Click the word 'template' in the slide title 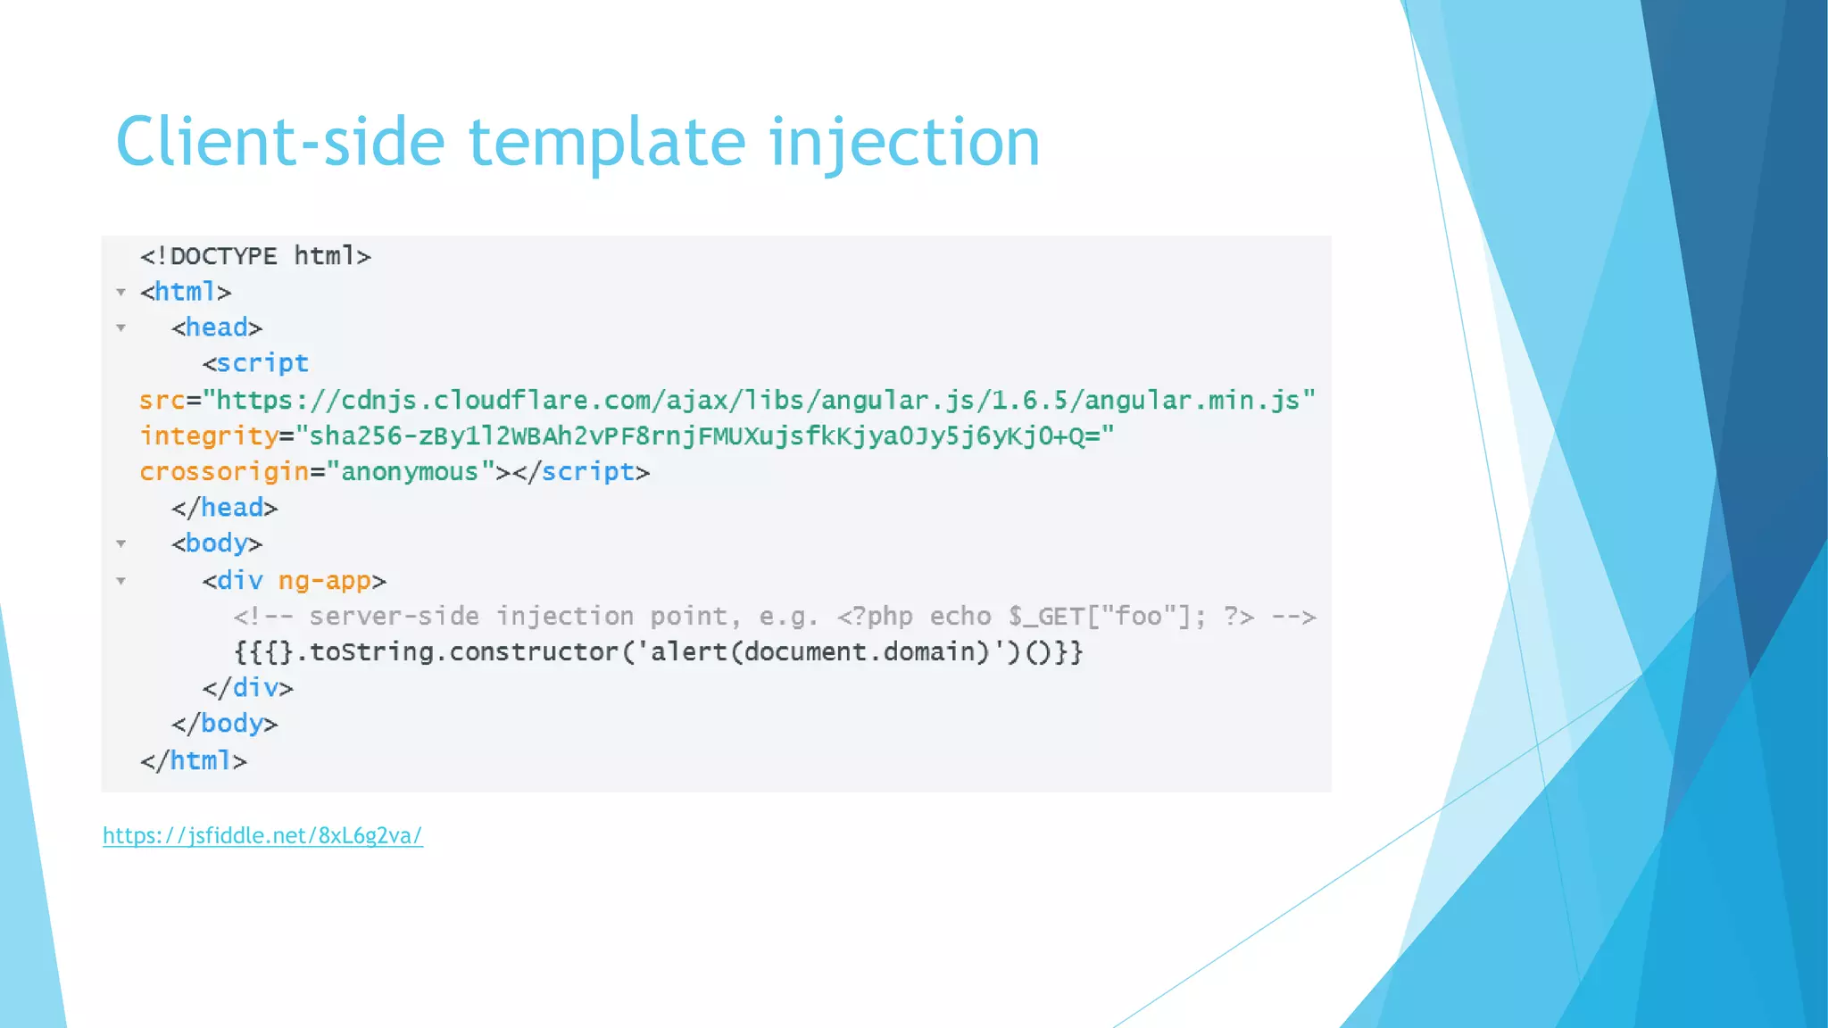click(x=607, y=143)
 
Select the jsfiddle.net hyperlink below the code click(x=262, y=835)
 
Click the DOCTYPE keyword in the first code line click(x=223, y=257)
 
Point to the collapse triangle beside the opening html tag click(x=121, y=292)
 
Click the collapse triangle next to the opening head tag click(x=121, y=327)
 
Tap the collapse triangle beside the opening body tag click(x=121, y=543)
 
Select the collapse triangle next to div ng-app click(x=121, y=581)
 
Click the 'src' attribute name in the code click(x=162, y=401)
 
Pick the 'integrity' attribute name click(x=209, y=436)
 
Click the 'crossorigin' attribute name click(x=223, y=472)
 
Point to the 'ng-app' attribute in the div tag click(x=324, y=581)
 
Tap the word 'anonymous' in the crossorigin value click(x=410, y=472)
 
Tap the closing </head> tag click(x=225, y=508)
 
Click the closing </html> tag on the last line click(x=194, y=761)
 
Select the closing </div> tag click(x=247, y=688)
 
